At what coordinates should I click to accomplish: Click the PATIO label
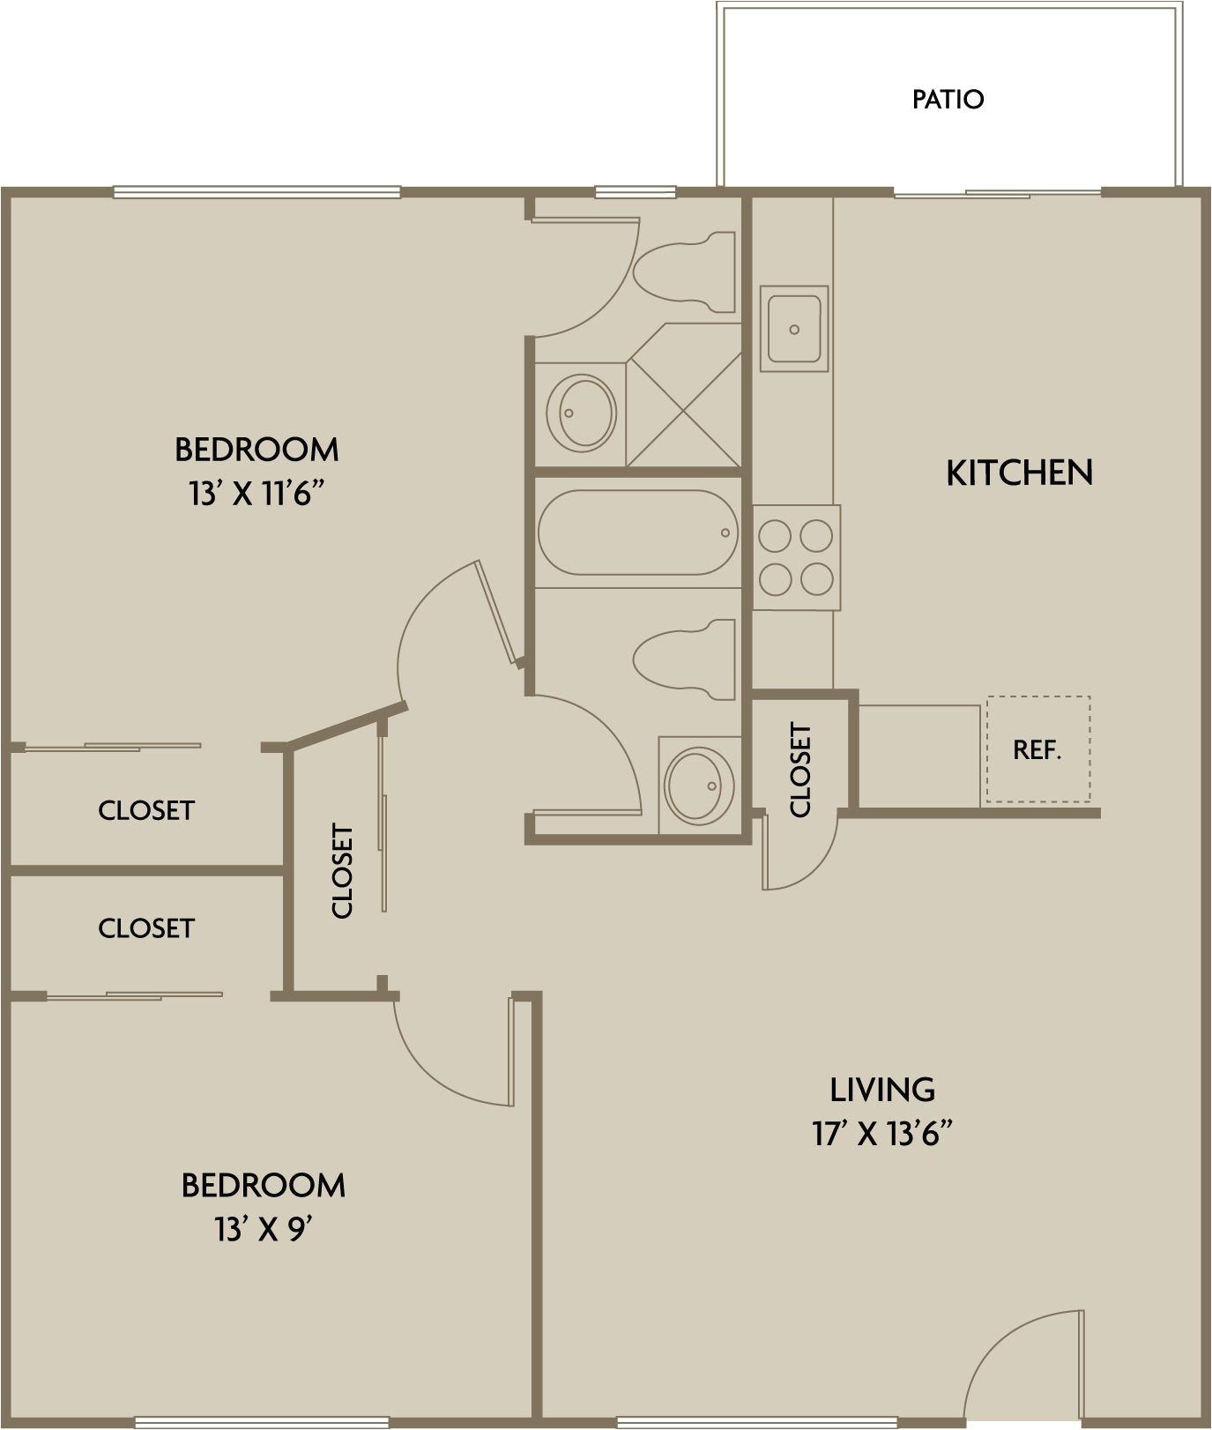pyautogui.click(x=948, y=99)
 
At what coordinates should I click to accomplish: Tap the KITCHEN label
pyautogui.click(x=1019, y=473)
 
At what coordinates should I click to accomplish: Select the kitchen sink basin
pyautogui.click(x=794, y=329)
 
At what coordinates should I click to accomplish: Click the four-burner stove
pyautogui.click(x=796, y=556)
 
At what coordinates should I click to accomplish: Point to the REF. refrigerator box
pyautogui.click(x=1037, y=749)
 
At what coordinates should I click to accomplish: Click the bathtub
pyautogui.click(x=635, y=533)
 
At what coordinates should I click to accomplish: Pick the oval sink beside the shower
pyautogui.click(x=581, y=412)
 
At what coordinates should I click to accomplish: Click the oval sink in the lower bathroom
pyautogui.click(x=700, y=784)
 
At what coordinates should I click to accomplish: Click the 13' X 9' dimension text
pyautogui.click(x=264, y=1229)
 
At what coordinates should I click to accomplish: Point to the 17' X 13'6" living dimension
pyautogui.click(x=882, y=1134)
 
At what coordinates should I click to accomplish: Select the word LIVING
pyautogui.click(x=882, y=1090)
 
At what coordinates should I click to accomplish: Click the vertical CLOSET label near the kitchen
pyautogui.click(x=800, y=769)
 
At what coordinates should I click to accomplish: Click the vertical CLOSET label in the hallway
pyautogui.click(x=342, y=871)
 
